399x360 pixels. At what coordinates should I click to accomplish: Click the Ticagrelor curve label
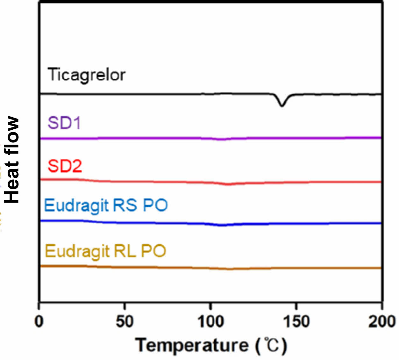86,75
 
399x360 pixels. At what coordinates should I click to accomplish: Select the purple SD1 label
64,123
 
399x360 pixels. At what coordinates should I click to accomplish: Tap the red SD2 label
65,166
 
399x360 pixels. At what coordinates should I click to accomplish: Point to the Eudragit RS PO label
106,205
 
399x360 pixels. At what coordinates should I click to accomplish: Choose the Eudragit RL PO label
105,251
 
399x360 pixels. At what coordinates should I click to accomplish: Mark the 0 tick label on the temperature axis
39,321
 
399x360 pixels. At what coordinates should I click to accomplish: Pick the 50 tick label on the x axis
125,321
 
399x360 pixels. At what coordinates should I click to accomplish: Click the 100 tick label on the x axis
210,321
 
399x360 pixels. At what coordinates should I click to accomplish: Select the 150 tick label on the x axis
296,321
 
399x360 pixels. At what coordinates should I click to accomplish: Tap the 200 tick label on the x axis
382,321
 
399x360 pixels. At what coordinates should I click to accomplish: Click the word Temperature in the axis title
192,345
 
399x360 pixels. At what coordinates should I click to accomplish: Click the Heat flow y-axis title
13,159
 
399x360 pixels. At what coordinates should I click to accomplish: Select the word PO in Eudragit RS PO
155,205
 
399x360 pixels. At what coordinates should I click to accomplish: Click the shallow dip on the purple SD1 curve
222,139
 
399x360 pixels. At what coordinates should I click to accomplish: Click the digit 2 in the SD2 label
76,166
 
